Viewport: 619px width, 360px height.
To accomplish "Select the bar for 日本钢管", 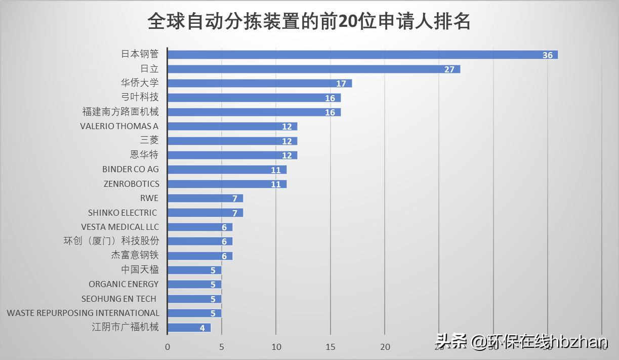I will click(x=362, y=55).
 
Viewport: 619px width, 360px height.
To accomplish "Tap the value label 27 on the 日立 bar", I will click(x=449, y=69).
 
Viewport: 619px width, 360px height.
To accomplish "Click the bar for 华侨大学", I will click(x=259, y=84).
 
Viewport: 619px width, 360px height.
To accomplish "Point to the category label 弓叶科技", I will click(x=141, y=97).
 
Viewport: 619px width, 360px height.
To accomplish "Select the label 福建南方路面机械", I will click(x=120, y=111).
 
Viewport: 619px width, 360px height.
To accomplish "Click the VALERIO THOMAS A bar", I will click(x=232, y=127).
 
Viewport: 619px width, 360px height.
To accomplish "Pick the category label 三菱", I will click(x=149, y=140).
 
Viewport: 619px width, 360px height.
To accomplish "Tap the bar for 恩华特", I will click(x=232, y=155).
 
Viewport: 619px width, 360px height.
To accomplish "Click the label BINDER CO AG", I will click(x=131, y=169).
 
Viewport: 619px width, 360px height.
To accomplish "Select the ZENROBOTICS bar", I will click(x=227, y=184).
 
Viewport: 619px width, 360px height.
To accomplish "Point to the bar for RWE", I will click(x=205, y=198).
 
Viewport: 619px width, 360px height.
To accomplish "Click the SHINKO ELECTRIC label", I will click(x=122, y=213).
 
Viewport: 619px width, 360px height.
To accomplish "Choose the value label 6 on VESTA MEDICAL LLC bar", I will click(x=224, y=227).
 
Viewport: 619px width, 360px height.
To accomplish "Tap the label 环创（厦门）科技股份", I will click(x=111, y=241).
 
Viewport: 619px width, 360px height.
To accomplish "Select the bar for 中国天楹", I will click(x=194, y=270).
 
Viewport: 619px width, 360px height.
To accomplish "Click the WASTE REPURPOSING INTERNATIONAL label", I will click(x=83, y=313).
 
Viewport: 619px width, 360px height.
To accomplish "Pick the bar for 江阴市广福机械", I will click(x=189, y=328).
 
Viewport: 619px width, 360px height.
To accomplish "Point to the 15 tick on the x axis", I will click(x=331, y=347).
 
